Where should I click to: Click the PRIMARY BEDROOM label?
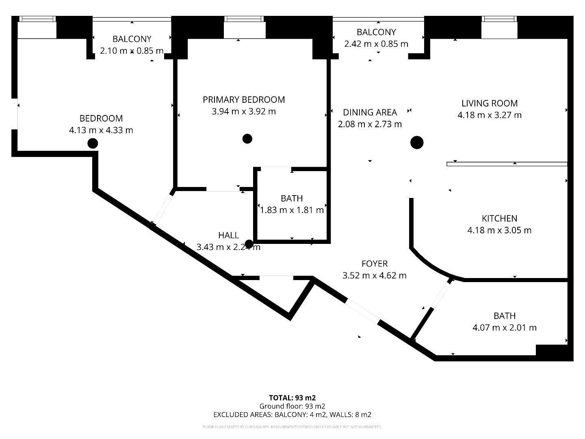click(x=244, y=100)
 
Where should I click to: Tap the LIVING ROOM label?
click(x=490, y=103)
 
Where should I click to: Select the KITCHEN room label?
click(x=499, y=218)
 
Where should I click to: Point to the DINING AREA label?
click(x=370, y=112)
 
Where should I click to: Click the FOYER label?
click(x=375, y=264)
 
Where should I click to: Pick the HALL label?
click(x=228, y=235)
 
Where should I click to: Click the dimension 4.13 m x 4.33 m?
click(x=101, y=130)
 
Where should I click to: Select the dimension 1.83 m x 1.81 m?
click(x=292, y=210)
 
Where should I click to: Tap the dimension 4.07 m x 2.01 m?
click(x=505, y=328)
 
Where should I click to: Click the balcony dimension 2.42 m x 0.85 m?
click(x=376, y=44)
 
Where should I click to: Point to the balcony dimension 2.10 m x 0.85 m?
click(x=132, y=51)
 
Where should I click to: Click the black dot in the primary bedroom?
click(x=247, y=139)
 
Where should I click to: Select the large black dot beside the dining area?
click(x=417, y=143)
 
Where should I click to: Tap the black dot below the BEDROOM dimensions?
click(x=93, y=143)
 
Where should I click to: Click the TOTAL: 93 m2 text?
click(x=292, y=398)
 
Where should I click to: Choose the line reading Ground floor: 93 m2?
click(x=292, y=406)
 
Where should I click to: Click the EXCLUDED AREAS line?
click(x=292, y=415)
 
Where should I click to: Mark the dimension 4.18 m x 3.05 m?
click(x=499, y=230)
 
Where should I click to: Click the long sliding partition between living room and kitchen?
click(x=507, y=164)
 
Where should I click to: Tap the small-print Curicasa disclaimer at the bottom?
click(x=292, y=427)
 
